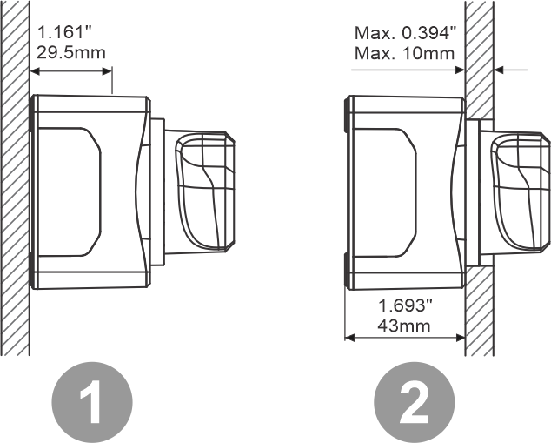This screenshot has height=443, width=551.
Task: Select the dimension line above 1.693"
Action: [404, 336]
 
